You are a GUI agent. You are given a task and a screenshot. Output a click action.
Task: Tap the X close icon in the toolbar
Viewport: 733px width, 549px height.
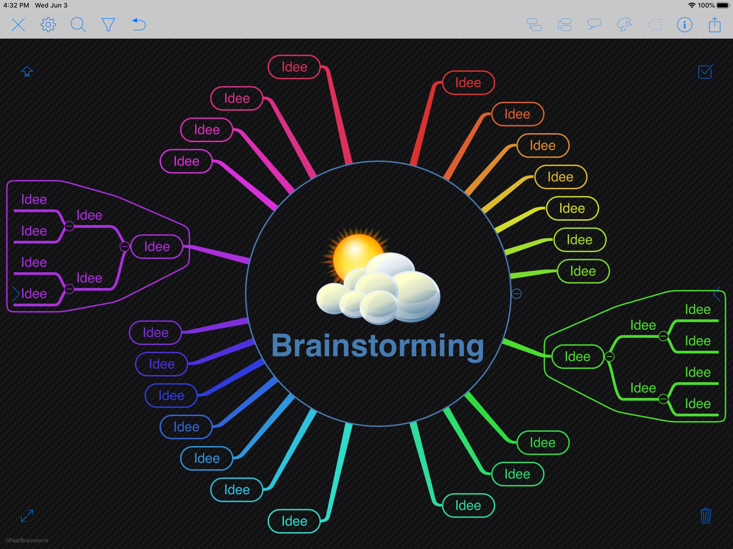18,24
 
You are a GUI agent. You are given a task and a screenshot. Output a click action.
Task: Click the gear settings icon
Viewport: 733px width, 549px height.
48,24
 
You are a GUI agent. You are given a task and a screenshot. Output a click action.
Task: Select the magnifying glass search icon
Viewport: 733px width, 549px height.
78,24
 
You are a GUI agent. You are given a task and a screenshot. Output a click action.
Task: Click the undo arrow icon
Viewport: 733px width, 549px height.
139,24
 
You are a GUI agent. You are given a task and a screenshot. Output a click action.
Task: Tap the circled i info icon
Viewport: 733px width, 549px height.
685,24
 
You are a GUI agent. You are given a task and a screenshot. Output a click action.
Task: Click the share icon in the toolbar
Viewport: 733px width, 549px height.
715,24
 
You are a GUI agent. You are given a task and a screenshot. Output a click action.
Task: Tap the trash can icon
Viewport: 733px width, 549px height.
706,515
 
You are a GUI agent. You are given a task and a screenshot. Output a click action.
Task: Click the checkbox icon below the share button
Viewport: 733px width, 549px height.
705,71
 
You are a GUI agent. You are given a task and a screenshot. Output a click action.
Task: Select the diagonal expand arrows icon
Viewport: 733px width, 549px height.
27,515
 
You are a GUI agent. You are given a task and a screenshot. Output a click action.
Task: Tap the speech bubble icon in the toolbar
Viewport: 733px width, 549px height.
595,24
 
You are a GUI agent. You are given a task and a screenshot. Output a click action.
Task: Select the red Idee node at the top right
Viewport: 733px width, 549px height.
468,83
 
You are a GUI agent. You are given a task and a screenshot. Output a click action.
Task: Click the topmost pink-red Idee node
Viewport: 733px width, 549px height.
294,67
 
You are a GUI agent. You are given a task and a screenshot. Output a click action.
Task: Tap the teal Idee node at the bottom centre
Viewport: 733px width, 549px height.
294,521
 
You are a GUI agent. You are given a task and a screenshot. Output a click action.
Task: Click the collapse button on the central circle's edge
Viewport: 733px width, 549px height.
516,294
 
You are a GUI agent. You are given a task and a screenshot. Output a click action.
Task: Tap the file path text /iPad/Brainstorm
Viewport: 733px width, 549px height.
27,540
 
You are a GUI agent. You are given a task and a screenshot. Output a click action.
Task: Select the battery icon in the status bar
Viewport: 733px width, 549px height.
723,5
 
